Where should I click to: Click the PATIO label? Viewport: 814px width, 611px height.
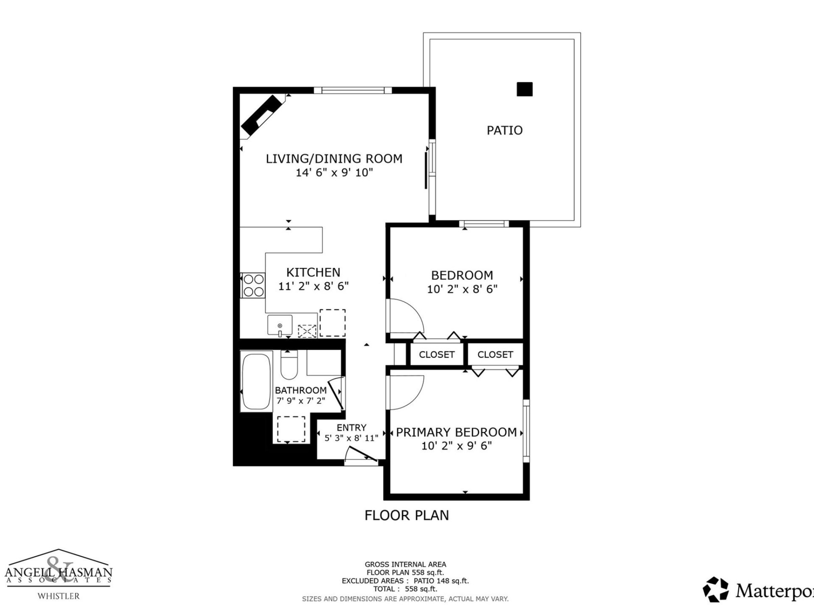pyautogui.click(x=504, y=130)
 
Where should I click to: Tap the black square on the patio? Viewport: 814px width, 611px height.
pyautogui.click(x=524, y=89)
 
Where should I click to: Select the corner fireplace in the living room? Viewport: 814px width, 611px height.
pyautogui.click(x=262, y=115)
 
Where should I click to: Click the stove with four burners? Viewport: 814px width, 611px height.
pyautogui.click(x=253, y=285)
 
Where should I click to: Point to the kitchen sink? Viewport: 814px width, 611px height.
pyautogui.click(x=280, y=325)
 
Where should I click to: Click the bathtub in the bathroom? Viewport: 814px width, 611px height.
pyautogui.click(x=256, y=381)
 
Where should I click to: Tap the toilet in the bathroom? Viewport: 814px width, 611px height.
pyautogui.click(x=289, y=365)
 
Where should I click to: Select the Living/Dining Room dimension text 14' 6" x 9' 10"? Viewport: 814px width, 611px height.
pyautogui.click(x=334, y=173)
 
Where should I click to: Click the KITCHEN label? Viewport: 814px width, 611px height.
pyautogui.click(x=313, y=272)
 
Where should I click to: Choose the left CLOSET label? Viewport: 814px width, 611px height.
pyautogui.click(x=436, y=354)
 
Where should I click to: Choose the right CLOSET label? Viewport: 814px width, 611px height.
pyautogui.click(x=495, y=354)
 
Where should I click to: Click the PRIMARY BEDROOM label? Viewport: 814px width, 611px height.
pyautogui.click(x=456, y=432)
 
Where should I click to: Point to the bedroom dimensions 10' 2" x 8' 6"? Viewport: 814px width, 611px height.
pyautogui.click(x=462, y=289)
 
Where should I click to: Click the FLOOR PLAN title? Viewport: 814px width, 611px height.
pyautogui.click(x=407, y=515)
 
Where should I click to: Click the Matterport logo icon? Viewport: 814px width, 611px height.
pyautogui.click(x=716, y=590)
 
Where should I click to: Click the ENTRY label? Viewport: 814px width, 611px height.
pyautogui.click(x=351, y=428)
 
